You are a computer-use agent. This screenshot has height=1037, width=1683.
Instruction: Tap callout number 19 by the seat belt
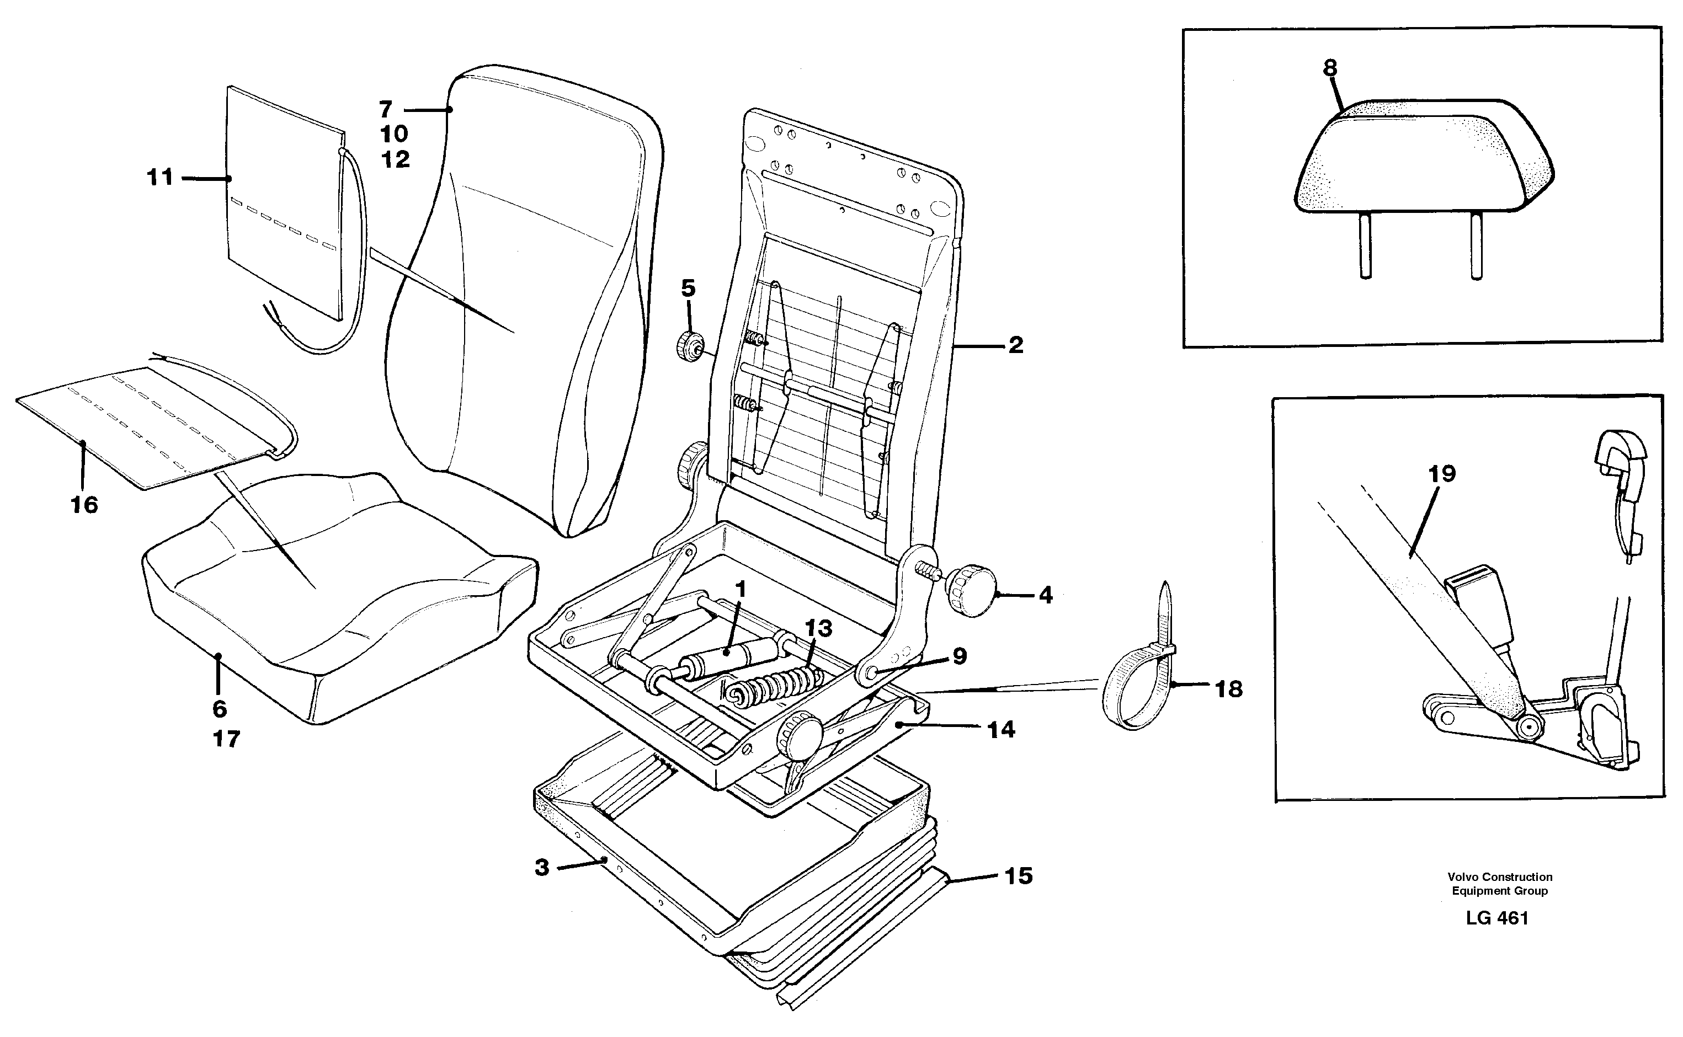coord(1441,473)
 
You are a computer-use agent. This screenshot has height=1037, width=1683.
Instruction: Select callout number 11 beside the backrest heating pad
coord(160,178)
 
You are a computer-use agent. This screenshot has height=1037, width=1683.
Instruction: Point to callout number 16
coord(84,505)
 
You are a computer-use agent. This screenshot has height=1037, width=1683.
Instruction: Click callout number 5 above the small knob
coord(688,288)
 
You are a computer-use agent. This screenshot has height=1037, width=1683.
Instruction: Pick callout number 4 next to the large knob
coord(1045,595)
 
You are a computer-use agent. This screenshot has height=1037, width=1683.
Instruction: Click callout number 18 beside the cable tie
coord(1229,688)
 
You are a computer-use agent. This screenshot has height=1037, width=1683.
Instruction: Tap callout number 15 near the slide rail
coord(1018,876)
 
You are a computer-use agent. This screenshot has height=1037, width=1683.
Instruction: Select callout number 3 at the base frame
coord(542,868)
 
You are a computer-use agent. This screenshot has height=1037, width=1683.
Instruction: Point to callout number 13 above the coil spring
coord(818,628)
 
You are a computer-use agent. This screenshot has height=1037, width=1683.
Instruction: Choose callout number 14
coord(1001,730)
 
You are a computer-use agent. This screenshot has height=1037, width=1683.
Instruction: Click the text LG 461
coord(1497,918)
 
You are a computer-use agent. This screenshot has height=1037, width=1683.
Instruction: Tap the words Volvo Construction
coord(1500,876)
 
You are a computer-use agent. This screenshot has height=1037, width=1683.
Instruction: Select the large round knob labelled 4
coord(973,591)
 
